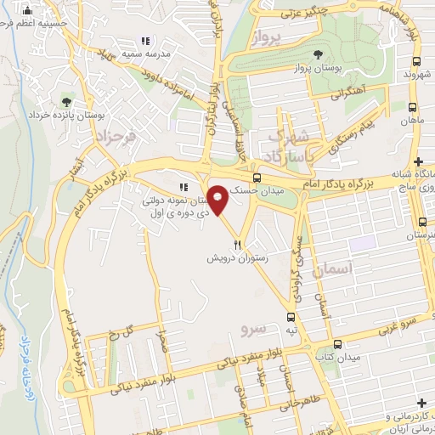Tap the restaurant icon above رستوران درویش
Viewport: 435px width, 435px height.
point(225,242)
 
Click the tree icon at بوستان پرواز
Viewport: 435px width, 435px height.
point(318,54)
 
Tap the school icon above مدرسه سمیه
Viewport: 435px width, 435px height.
point(145,41)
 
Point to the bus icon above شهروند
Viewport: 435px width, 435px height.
point(417,62)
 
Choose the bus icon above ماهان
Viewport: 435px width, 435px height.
point(412,108)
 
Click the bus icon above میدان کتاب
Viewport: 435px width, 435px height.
point(338,344)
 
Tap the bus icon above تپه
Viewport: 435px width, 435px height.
point(293,316)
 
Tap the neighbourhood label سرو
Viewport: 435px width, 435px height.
point(253,327)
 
